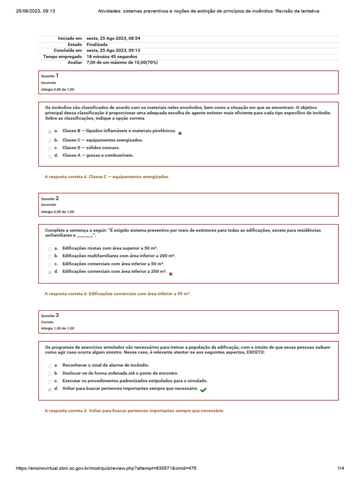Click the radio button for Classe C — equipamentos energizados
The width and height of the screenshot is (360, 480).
[50, 141]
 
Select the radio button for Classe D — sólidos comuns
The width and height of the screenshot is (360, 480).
[50, 149]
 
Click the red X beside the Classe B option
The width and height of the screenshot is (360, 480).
[180, 134]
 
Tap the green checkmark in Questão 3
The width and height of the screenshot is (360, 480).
[203, 390]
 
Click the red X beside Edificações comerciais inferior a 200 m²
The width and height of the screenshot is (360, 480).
[171, 274]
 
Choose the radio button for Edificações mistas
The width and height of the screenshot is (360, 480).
[50, 249]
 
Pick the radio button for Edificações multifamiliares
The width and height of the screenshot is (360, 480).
[50, 257]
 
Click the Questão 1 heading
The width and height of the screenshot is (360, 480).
[50, 75]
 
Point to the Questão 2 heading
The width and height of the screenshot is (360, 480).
[50, 198]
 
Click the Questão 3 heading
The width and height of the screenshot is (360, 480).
[50, 315]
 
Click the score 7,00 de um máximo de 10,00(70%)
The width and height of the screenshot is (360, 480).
[122, 62]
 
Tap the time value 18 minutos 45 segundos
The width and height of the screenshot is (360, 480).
[112, 56]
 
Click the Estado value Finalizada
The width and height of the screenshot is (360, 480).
[97, 45]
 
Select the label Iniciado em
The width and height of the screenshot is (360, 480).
[70, 38]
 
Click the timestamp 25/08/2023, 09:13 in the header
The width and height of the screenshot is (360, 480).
[36, 11]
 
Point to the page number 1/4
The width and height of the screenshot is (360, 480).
[341, 468]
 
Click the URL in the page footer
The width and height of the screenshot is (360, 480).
[106, 468]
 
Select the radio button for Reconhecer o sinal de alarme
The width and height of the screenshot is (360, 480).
[50, 366]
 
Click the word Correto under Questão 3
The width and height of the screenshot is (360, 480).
[47, 322]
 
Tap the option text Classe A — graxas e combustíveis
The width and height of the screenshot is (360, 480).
[98, 155]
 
